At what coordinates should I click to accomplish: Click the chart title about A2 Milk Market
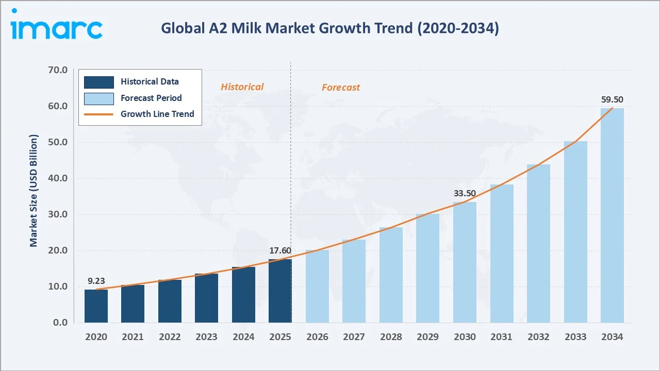coord(329,28)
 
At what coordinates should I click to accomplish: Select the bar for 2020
coord(96,306)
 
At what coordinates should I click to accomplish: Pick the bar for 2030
coord(465,262)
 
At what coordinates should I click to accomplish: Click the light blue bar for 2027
coord(354,281)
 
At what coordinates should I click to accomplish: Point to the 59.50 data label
coord(612,99)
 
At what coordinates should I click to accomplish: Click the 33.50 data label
coord(465,194)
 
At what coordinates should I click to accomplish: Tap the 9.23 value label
coord(96,281)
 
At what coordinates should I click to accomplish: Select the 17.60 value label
coord(280,251)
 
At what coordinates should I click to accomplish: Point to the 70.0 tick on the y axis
coord(57,70)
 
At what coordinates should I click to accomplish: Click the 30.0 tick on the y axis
coord(57,214)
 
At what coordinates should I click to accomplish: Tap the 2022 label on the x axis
coord(170,337)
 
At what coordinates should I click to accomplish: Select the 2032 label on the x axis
coord(538,337)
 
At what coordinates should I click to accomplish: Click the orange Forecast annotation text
coord(341,88)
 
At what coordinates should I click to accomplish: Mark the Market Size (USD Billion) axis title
coord(34,191)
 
